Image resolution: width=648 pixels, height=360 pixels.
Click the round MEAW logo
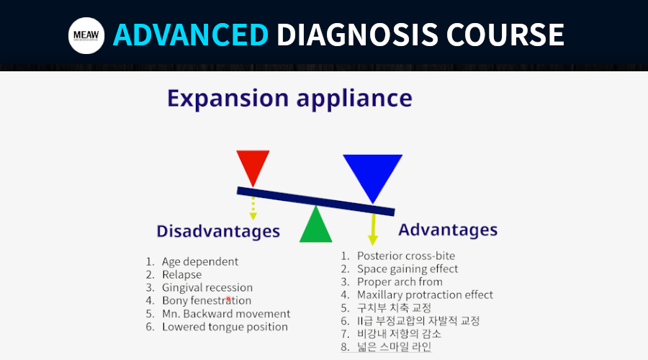click(x=86, y=35)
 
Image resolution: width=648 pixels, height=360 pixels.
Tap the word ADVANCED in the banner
click(x=191, y=35)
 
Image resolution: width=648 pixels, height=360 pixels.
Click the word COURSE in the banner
click(x=505, y=35)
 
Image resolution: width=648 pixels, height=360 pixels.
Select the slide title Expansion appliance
click(x=289, y=99)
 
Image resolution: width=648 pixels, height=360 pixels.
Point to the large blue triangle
click(x=373, y=175)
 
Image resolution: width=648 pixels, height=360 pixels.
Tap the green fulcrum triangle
click(x=316, y=225)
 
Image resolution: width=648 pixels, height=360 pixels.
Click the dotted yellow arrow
click(x=253, y=208)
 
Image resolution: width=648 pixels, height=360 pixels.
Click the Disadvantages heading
click(x=218, y=231)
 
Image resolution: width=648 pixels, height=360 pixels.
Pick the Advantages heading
click(x=448, y=230)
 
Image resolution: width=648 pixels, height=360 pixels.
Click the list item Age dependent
click(x=200, y=261)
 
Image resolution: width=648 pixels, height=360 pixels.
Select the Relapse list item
click(x=182, y=274)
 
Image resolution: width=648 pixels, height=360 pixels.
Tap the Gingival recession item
click(x=207, y=287)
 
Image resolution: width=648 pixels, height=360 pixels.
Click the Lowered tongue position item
click(x=225, y=327)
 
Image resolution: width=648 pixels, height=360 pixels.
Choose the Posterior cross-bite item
click(x=406, y=256)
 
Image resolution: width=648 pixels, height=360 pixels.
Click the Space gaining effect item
click(x=408, y=269)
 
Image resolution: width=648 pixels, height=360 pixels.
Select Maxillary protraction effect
click(x=425, y=294)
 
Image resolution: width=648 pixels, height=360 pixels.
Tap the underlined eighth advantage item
click(x=395, y=346)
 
